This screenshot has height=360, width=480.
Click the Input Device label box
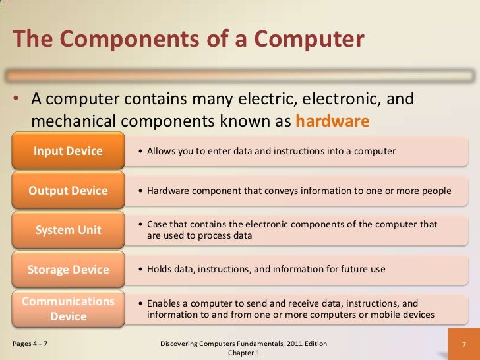click(68, 152)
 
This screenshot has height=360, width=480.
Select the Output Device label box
click(68, 191)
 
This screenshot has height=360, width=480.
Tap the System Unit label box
click(68, 230)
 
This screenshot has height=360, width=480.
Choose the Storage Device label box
click(68, 270)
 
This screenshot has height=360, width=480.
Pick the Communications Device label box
click(68, 309)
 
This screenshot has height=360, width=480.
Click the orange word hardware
click(332, 122)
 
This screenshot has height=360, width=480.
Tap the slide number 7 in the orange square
click(464, 345)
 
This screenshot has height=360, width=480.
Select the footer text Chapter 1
click(244, 353)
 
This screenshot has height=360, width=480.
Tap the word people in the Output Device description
click(436, 191)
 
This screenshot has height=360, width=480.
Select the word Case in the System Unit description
click(157, 224)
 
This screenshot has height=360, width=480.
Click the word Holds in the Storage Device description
click(160, 270)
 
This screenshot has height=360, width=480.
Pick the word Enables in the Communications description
click(164, 303)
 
